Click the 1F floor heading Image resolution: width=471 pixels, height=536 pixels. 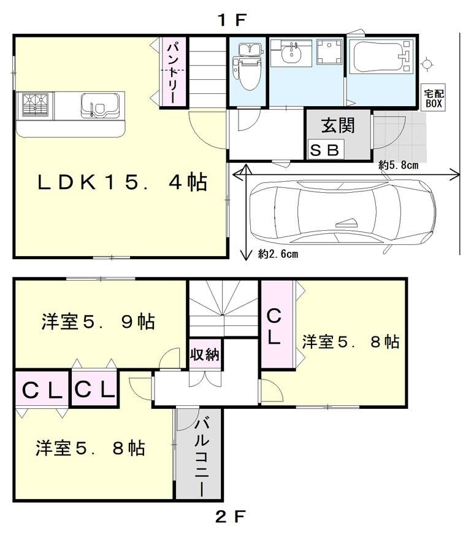click(231, 20)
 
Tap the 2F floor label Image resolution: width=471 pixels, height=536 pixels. click(231, 516)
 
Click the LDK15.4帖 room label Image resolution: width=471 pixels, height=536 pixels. click(121, 182)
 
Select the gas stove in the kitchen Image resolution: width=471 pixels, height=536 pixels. click(36, 104)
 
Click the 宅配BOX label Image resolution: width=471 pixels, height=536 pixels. click(434, 98)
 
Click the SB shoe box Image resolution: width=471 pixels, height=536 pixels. click(326, 150)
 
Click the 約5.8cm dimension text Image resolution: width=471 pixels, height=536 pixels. click(399, 165)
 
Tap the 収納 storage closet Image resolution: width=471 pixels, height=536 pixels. click(205, 355)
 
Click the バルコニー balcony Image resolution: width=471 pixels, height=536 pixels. click(200, 454)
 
